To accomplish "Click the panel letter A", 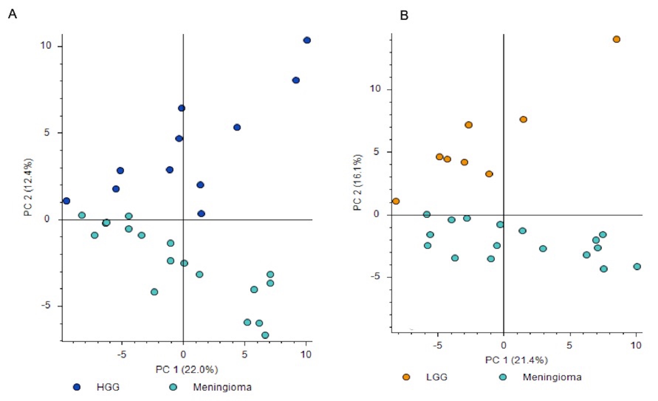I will (x=12, y=14).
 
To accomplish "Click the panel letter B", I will (x=404, y=16).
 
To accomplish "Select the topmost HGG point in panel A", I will (x=307, y=40).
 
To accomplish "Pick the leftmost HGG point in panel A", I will (x=66, y=201).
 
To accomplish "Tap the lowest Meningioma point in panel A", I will (x=265, y=335).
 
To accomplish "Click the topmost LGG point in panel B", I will (x=616, y=39).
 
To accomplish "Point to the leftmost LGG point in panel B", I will (x=396, y=201).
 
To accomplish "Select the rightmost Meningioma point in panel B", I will (x=637, y=267).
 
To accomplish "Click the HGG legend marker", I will (x=77, y=387).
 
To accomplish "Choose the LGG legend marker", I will (x=406, y=377).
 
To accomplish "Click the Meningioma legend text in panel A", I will (x=222, y=387).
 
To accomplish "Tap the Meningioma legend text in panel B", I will (x=552, y=377).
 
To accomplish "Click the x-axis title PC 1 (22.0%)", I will (x=186, y=369).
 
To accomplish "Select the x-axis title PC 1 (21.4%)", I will (x=516, y=360).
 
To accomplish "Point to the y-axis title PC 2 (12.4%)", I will (x=28, y=187).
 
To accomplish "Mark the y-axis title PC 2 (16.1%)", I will (x=357, y=182).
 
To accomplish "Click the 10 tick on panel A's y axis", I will (x=46, y=46).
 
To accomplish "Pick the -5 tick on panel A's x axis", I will (x=121, y=355).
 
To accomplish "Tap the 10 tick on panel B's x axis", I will (x=635, y=345).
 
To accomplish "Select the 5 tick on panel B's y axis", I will (x=377, y=152).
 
